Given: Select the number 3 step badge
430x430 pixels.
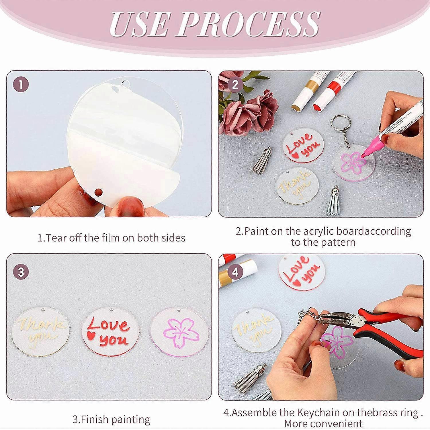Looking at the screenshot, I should click(21, 271).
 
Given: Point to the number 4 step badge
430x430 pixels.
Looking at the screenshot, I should click(235, 271).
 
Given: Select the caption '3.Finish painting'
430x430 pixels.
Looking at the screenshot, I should click(111, 419).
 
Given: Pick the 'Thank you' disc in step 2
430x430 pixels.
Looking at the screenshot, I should click(297, 187).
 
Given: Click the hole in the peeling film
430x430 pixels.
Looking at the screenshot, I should click(99, 191).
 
